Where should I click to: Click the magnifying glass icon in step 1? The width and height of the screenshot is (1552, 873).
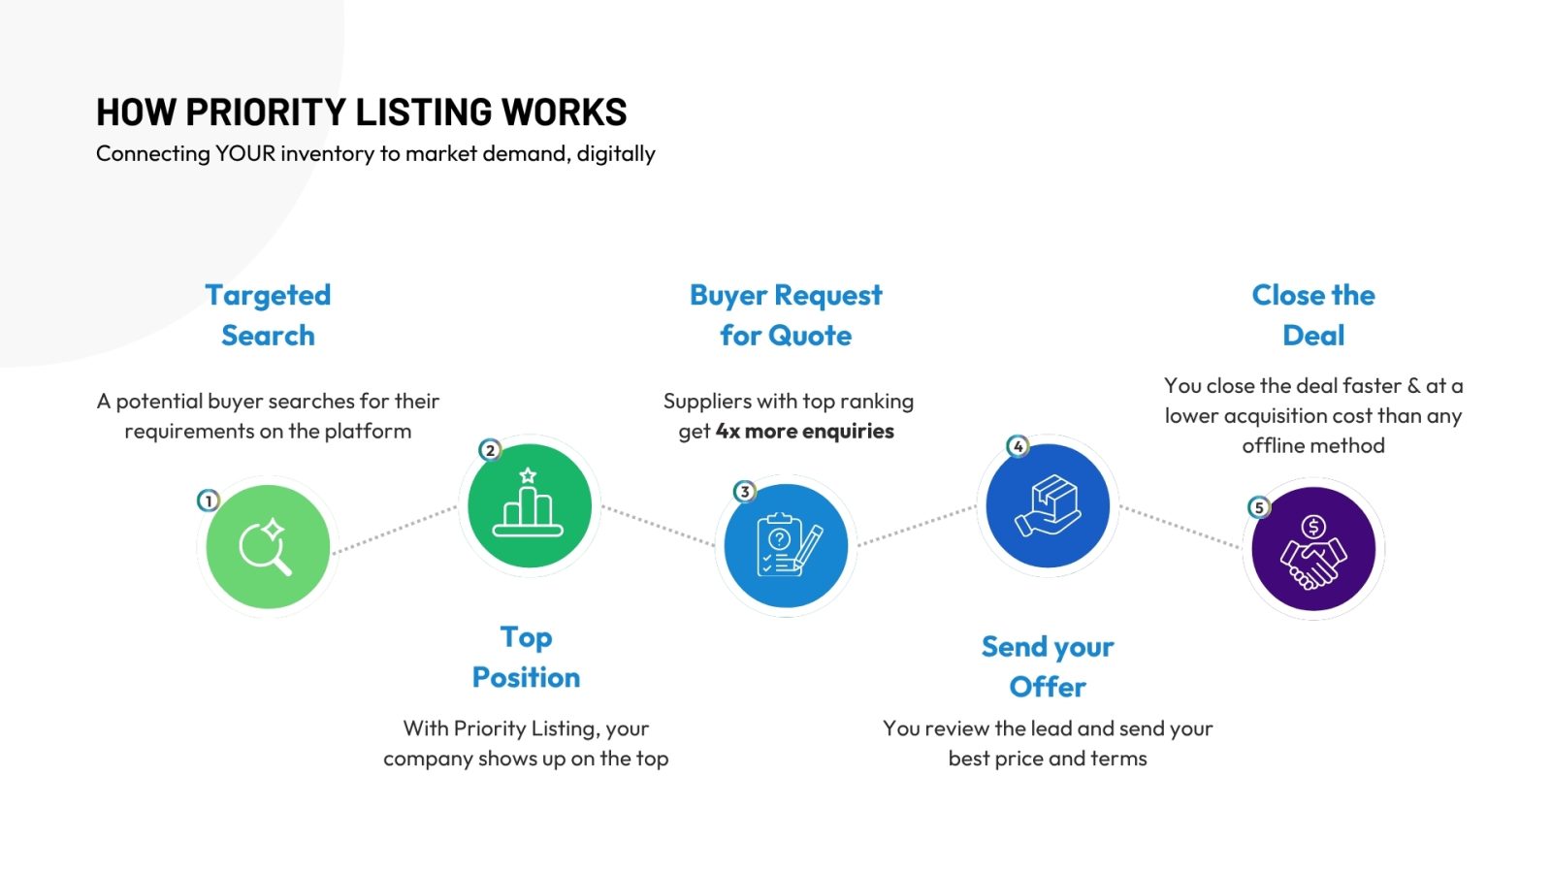tap(266, 547)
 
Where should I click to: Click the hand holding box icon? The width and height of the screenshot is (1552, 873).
tap(1048, 505)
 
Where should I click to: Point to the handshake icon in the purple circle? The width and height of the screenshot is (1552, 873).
tap(1313, 552)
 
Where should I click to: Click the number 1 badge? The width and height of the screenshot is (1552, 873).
tap(209, 501)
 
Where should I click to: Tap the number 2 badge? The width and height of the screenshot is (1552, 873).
tap(490, 450)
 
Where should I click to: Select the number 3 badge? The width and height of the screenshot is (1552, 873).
tap(744, 492)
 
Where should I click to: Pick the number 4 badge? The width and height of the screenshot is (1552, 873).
tap(1018, 446)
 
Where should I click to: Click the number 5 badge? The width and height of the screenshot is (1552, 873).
tap(1259, 507)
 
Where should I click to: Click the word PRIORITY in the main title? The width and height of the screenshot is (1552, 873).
tap(266, 113)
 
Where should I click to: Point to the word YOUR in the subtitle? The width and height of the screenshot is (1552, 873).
tap(244, 153)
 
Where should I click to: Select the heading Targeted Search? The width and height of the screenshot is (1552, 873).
tap(268, 315)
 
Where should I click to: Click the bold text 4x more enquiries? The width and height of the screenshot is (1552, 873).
tap(804, 431)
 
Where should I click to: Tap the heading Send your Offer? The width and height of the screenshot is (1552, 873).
tap(1048, 666)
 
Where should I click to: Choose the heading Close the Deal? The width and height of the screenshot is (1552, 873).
tap(1313, 315)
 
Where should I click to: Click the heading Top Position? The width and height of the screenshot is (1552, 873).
tap(526, 657)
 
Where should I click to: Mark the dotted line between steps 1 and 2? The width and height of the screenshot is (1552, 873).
tap(394, 530)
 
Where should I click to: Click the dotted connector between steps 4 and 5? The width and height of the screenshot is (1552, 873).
tap(1180, 528)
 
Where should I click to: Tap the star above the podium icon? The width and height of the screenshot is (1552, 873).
tap(528, 475)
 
